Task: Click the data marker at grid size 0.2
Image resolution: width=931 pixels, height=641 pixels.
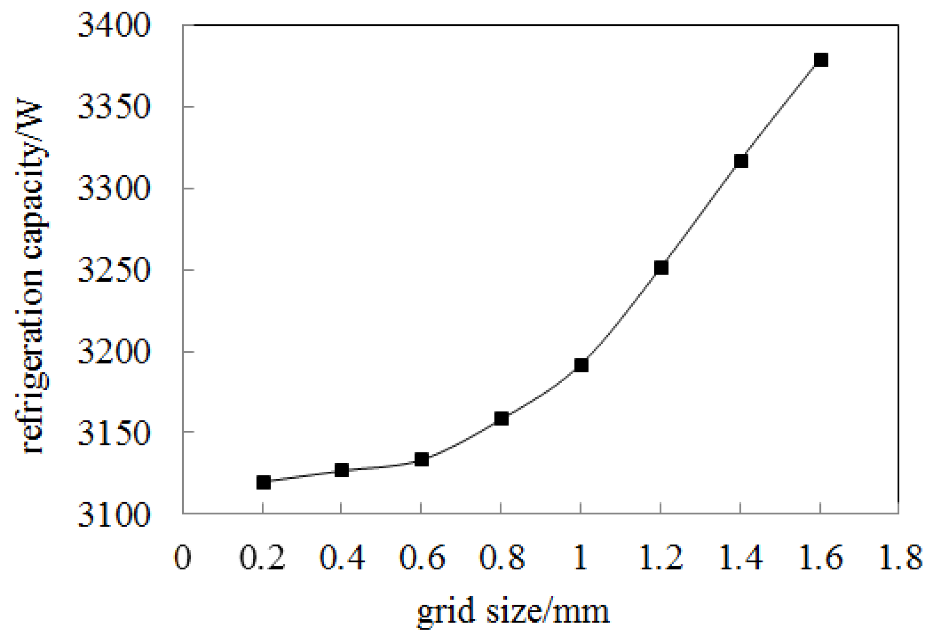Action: [x=263, y=482]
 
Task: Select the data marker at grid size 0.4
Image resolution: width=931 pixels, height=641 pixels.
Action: [x=342, y=470]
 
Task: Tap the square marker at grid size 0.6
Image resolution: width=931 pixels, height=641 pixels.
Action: [x=422, y=459]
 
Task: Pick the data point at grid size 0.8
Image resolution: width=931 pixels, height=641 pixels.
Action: [x=501, y=419]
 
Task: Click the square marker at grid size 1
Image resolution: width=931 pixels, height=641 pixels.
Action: [x=581, y=366]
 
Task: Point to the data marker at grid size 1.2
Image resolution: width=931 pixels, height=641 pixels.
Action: [x=661, y=268]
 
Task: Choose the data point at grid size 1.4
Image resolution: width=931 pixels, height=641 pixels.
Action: [x=741, y=161]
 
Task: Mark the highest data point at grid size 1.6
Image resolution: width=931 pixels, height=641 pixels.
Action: [x=821, y=60]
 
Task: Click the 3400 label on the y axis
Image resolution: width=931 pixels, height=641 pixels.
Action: [x=114, y=26]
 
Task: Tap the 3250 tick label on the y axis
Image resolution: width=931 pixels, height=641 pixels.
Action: [x=114, y=271]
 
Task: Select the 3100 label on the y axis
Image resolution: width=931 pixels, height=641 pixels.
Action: [x=114, y=515]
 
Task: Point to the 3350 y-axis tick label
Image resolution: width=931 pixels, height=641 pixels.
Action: [x=114, y=107]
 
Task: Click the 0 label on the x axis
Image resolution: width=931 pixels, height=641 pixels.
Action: [x=183, y=557]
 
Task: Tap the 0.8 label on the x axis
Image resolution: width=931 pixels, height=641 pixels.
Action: [x=501, y=557]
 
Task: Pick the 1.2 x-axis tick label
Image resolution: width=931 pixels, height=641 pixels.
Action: [x=660, y=557]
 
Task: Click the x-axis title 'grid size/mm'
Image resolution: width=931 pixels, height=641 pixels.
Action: [x=513, y=611]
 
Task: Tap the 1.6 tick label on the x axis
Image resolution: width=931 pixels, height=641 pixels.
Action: [x=820, y=557]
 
